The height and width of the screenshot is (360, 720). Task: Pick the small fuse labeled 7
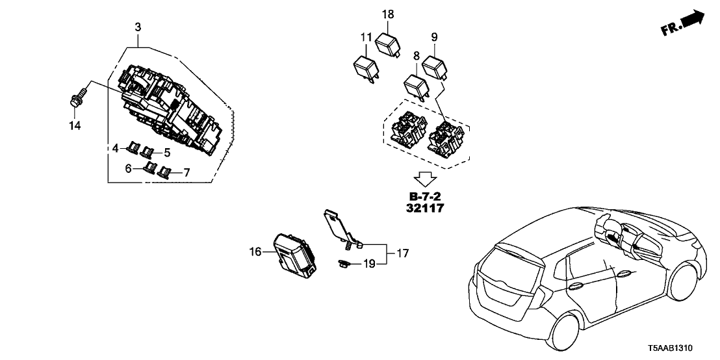click(x=167, y=173)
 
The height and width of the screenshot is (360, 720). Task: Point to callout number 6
click(x=129, y=168)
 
